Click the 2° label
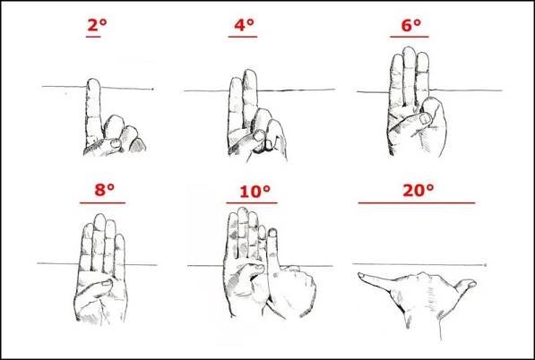(98, 25)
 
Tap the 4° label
(244, 25)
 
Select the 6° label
(410, 25)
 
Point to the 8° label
(105, 190)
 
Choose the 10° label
(255, 192)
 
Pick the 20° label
(418, 190)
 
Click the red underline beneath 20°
(417, 203)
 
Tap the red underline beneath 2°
(93, 37)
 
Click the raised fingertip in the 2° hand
(93, 81)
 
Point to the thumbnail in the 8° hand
(108, 283)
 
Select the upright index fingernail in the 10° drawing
(272, 233)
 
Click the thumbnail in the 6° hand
(425, 118)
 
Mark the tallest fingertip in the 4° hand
(249, 72)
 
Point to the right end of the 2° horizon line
(153, 89)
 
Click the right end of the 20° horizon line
(485, 265)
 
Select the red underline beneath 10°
(252, 203)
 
